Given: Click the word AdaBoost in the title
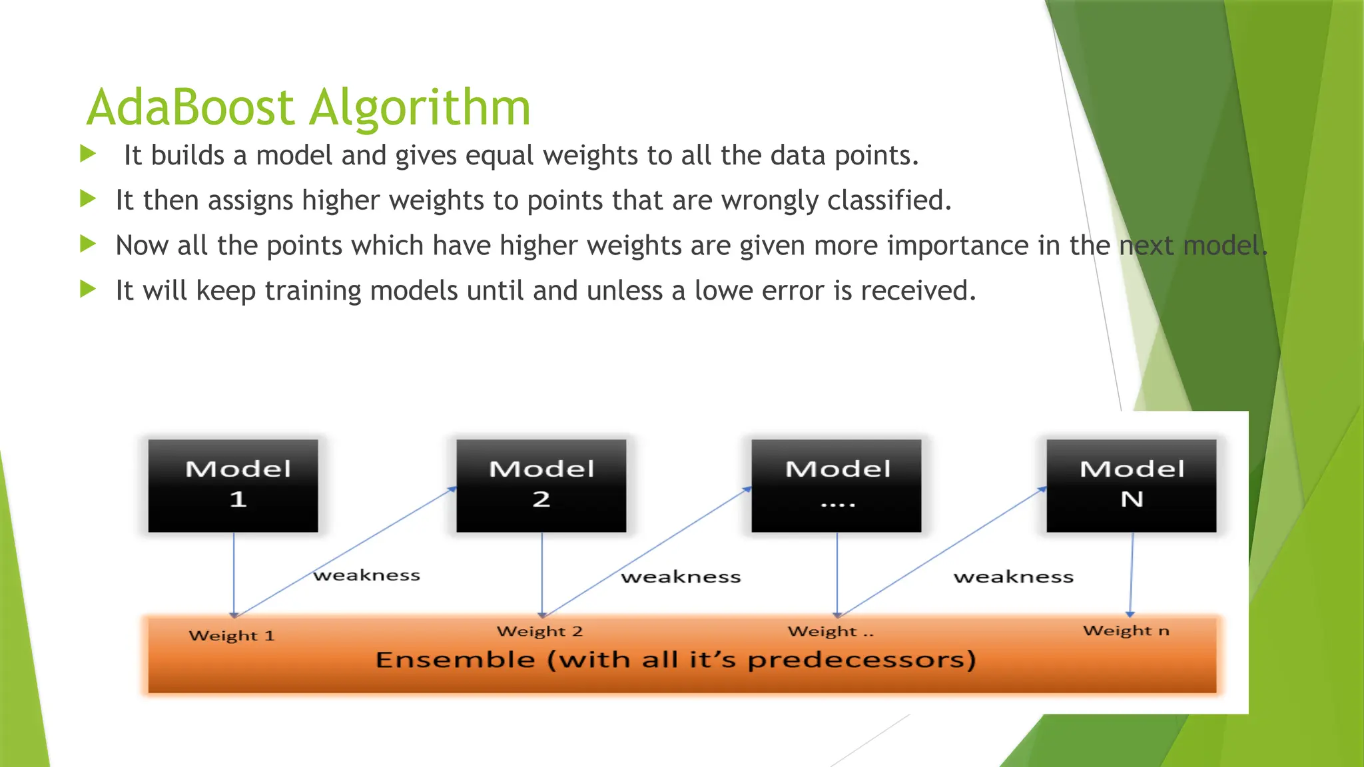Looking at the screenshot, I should point(190,107).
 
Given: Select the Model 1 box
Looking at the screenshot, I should point(233,485).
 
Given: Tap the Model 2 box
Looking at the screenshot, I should point(541,485).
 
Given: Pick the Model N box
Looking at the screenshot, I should point(1131,485).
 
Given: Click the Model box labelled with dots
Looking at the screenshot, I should point(837,485).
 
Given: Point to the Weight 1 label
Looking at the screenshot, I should point(231,635).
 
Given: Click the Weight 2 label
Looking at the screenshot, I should point(539,631).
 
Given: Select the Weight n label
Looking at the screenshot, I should point(1126,631).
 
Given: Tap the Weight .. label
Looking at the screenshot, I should point(830,631).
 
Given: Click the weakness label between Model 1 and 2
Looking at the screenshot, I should point(367,575).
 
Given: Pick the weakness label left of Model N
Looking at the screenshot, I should point(1013,577).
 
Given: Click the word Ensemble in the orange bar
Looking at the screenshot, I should point(455,660).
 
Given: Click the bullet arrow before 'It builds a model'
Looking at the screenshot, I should point(88,154).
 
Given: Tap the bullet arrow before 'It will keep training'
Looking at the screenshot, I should point(88,289).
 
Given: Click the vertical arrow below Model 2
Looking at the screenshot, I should point(542,573).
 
